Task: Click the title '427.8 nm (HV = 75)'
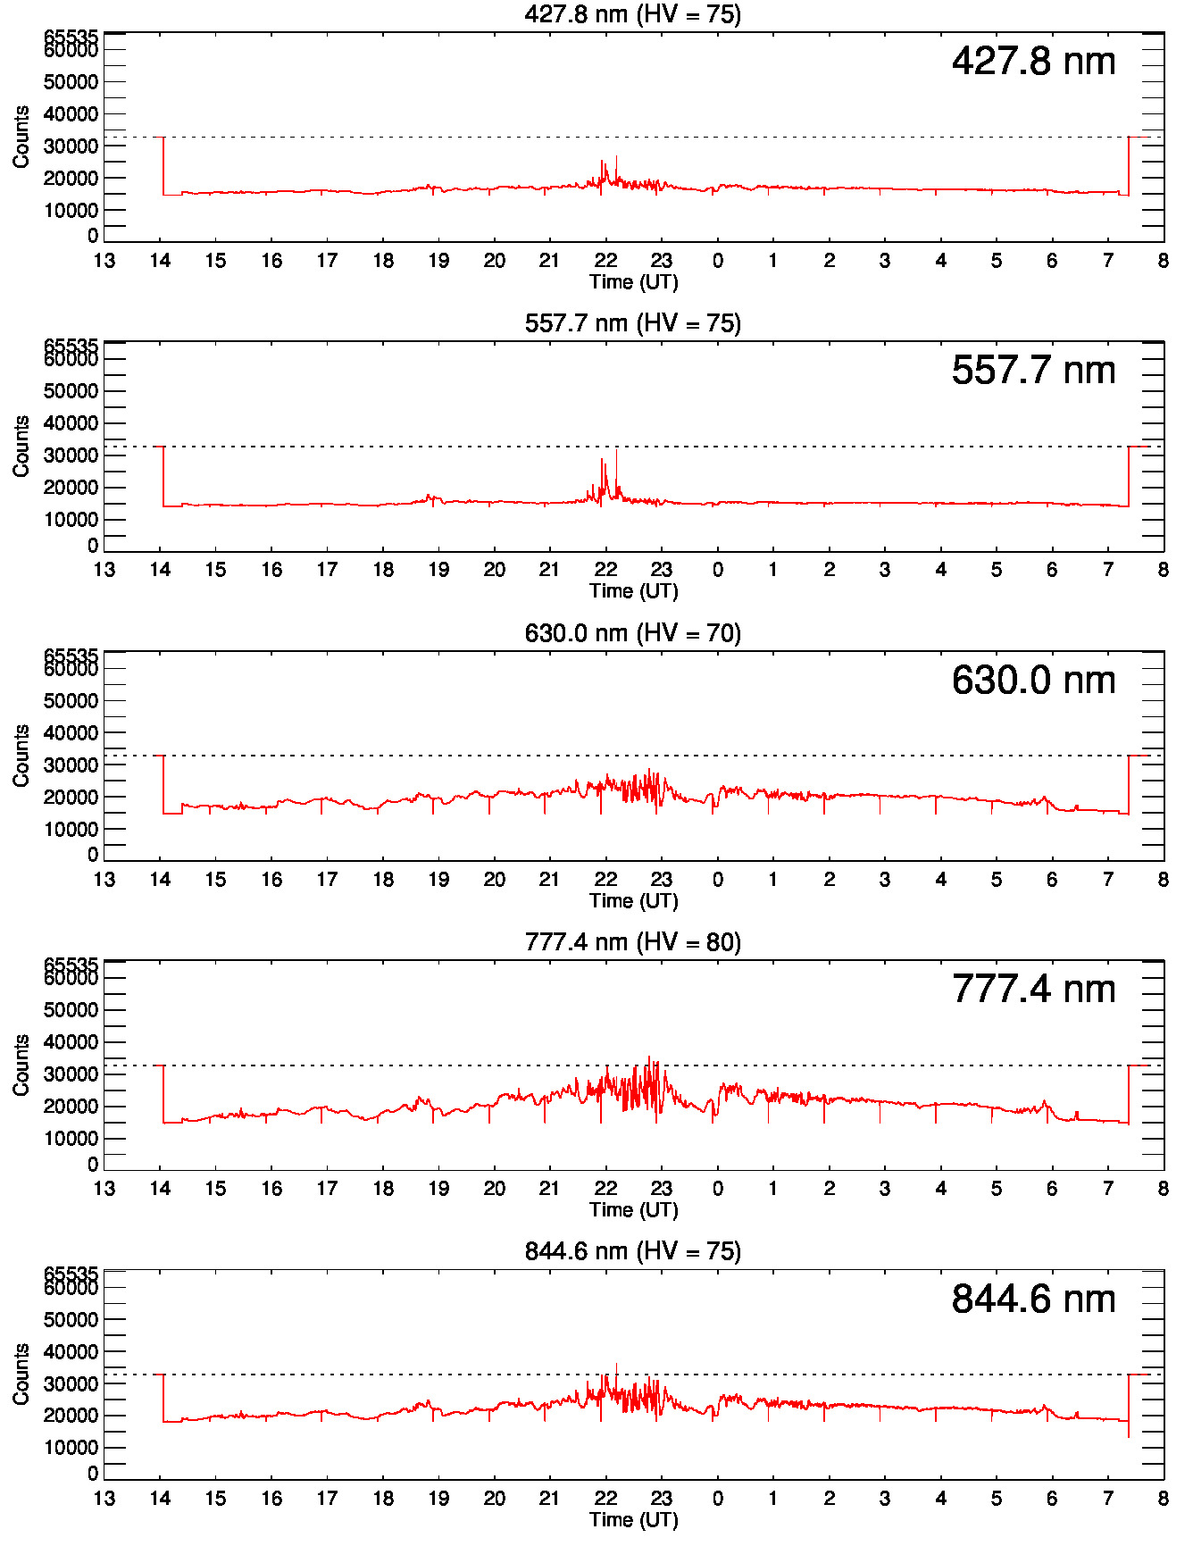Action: pyautogui.click(x=632, y=14)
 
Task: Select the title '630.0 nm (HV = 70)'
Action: pyautogui.click(x=632, y=633)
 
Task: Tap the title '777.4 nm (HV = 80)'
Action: pyautogui.click(x=632, y=942)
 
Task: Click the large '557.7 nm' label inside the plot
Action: pyautogui.click(x=1033, y=371)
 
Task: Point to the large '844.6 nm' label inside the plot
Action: pyautogui.click(x=1033, y=1299)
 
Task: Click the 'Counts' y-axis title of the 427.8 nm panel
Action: pyautogui.click(x=21, y=137)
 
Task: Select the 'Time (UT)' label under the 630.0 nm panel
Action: pyautogui.click(x=633, y=900)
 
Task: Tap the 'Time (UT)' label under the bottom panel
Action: pyautogui.click(x=633, y=1519)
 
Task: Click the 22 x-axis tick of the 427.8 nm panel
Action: pyautogui.click(x=606, y=261)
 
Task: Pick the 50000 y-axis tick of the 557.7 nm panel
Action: pyautogui.click(x=71, y=391)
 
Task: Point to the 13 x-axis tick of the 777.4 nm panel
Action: pyautogui.click(x=104, y=1189)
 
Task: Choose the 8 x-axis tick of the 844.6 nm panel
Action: pyautogui.click(x=1163, y=1499)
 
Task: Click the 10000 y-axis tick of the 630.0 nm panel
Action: pyautogui.click(x=71, y=830)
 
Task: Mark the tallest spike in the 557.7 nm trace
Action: pyautogui.click(x=616, y=451)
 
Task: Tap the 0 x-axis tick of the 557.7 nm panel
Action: pyautogui.click(x=718, y=570)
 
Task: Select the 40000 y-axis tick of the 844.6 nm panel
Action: pyautogui.click(x=71, y=1352)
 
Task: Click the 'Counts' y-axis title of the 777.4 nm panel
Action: pyautogui.click(x=21, y=1065)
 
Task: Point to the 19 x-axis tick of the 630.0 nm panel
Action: pyautogui.click(x=438, y=880)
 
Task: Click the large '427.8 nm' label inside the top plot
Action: pyautogui.click(x=1033, y=62)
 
